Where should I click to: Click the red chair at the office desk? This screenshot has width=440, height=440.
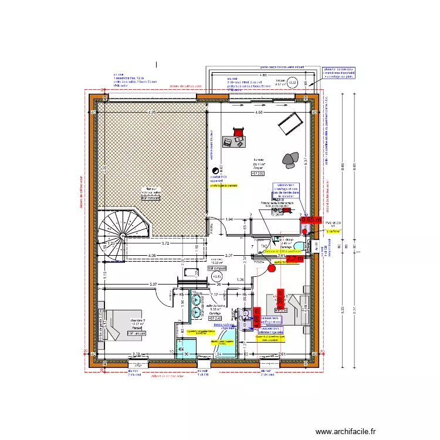pyautogui.click(x=238, y=132)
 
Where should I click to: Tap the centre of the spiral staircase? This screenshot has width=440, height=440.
pyautogui.click(x=122, y=236)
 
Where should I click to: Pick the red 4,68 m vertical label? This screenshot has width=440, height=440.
pyautogui.click(x=256, y=323)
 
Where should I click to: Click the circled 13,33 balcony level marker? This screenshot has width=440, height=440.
pyautogui.click(x=292, y=83)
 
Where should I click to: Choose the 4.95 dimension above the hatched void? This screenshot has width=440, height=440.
pyautogui.click(x=152, y=112)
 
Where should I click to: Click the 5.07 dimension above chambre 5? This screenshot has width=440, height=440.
pyautogui.click(x=136, y=285)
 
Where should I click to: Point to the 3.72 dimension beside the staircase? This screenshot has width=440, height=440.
pyautogui.click(x=166, y=243)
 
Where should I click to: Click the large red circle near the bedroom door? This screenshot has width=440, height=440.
pyautogui.click(x=271, y=269)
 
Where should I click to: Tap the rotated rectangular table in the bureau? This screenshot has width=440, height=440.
pyautogui.click(x=290, y=122)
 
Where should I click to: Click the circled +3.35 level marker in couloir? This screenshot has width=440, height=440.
pyautogui.click(x=216, y=275)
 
